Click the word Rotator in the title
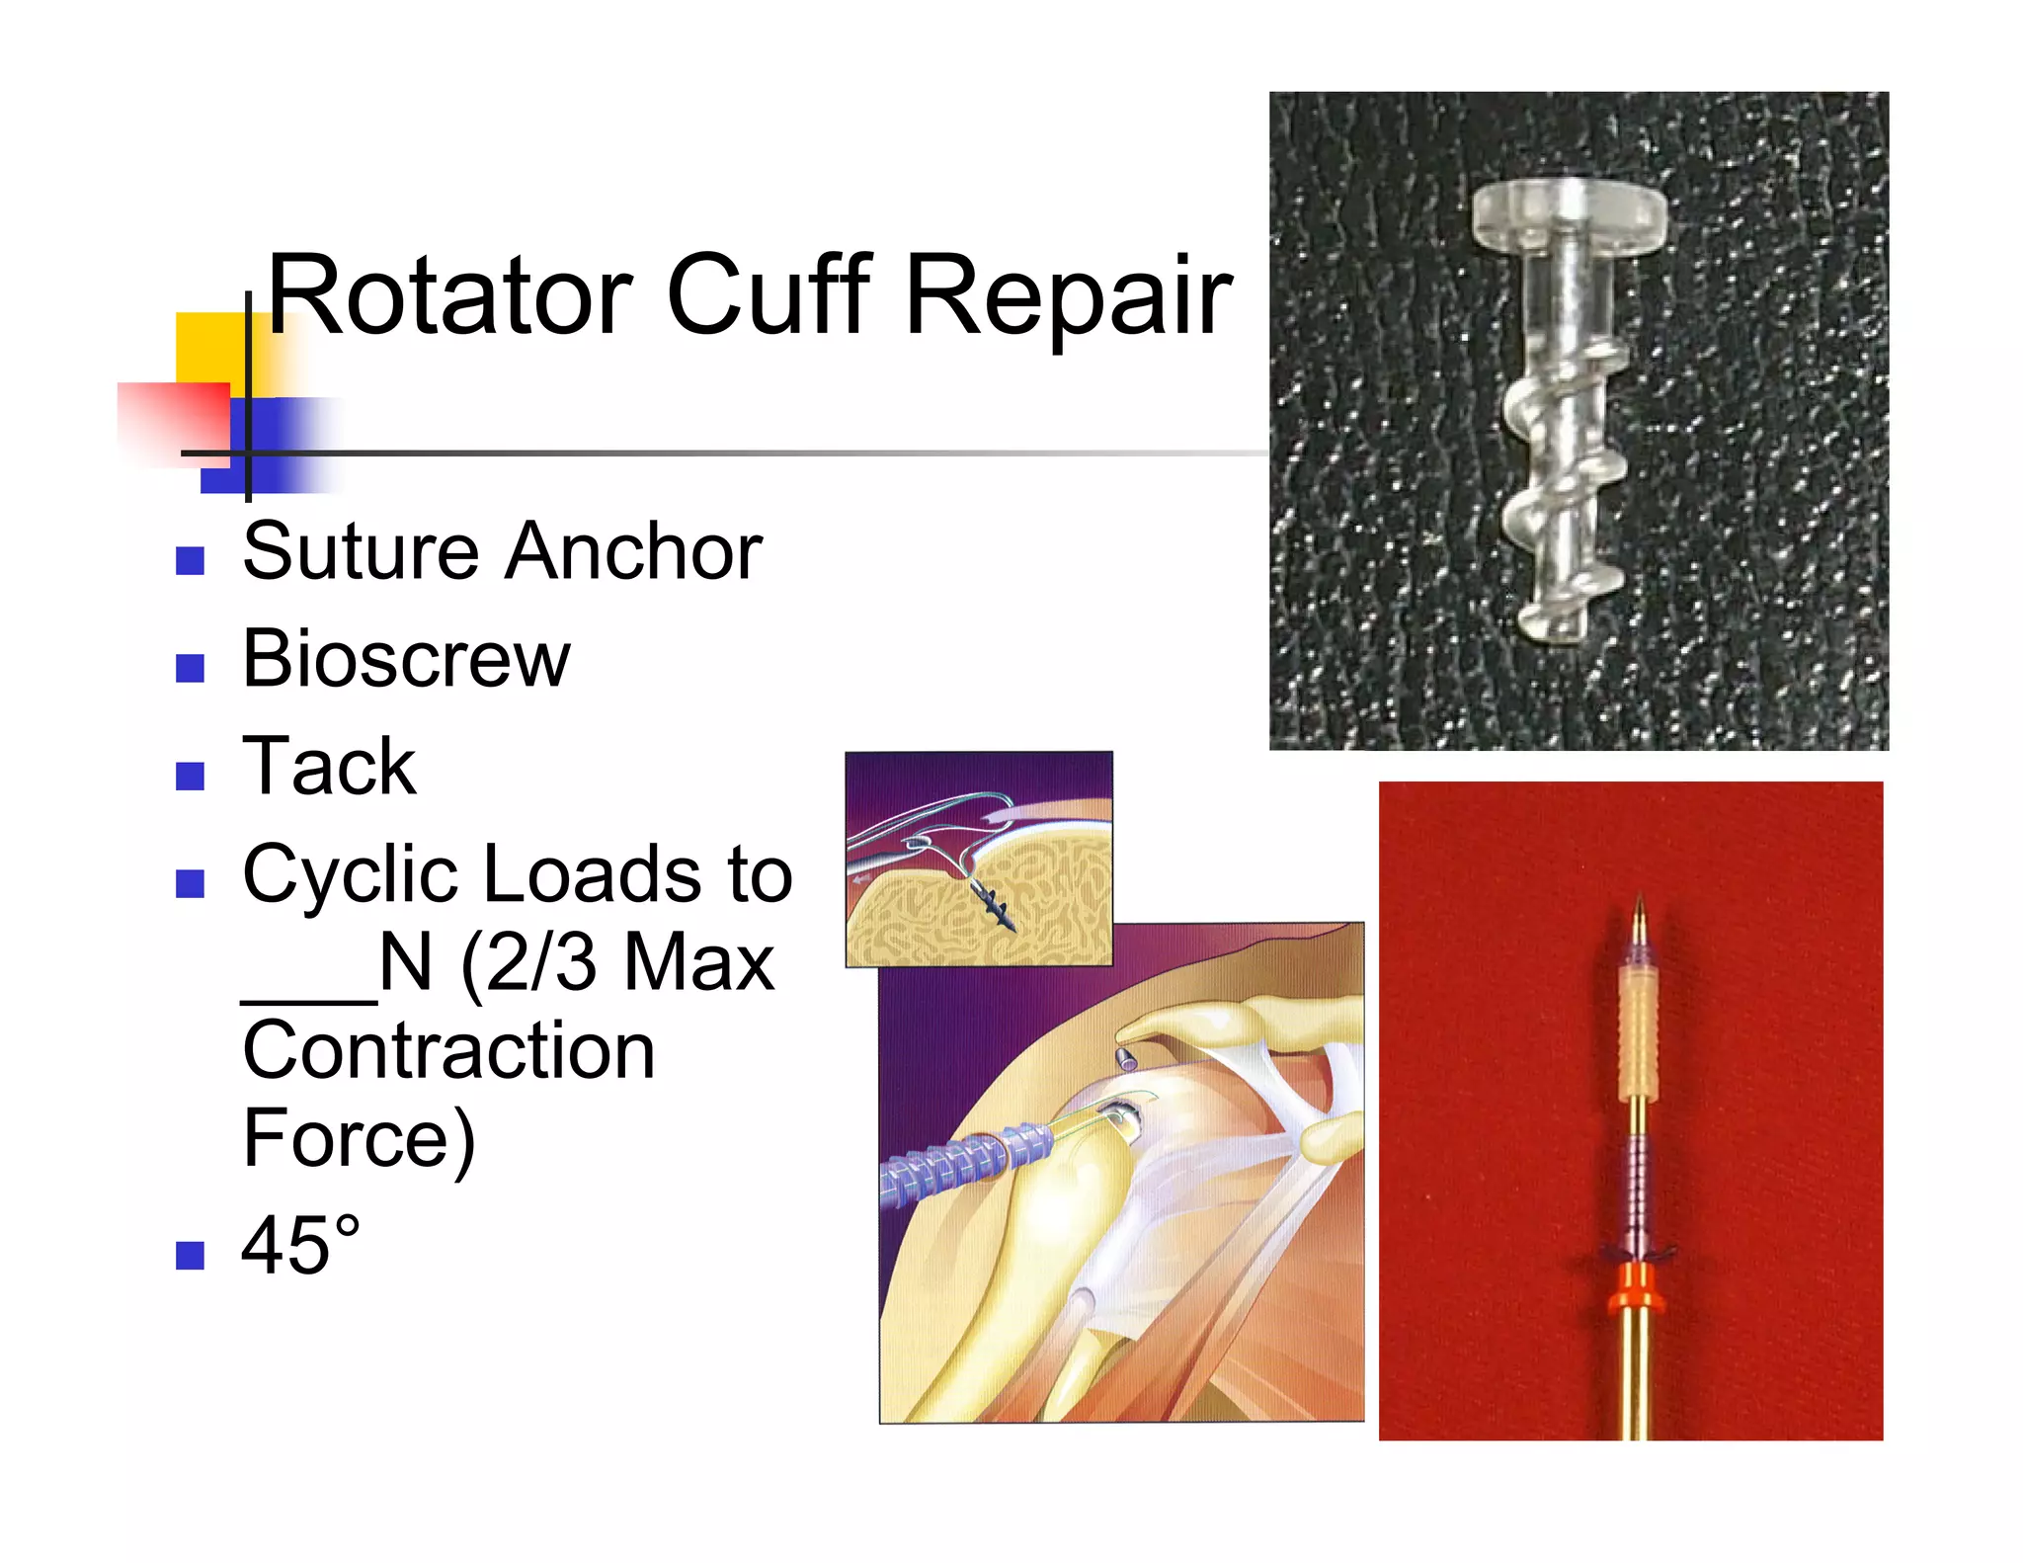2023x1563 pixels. coord(449,296)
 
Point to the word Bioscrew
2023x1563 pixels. coord(406,659)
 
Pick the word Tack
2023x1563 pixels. coord(329,767)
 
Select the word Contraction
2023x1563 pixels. coord(448,1051)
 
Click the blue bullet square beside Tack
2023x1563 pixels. coord(190,776)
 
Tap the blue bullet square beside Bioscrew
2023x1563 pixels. coord(190,668)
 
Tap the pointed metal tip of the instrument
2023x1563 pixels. coord(1639,914)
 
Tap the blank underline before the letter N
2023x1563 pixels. coord(308,1000)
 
